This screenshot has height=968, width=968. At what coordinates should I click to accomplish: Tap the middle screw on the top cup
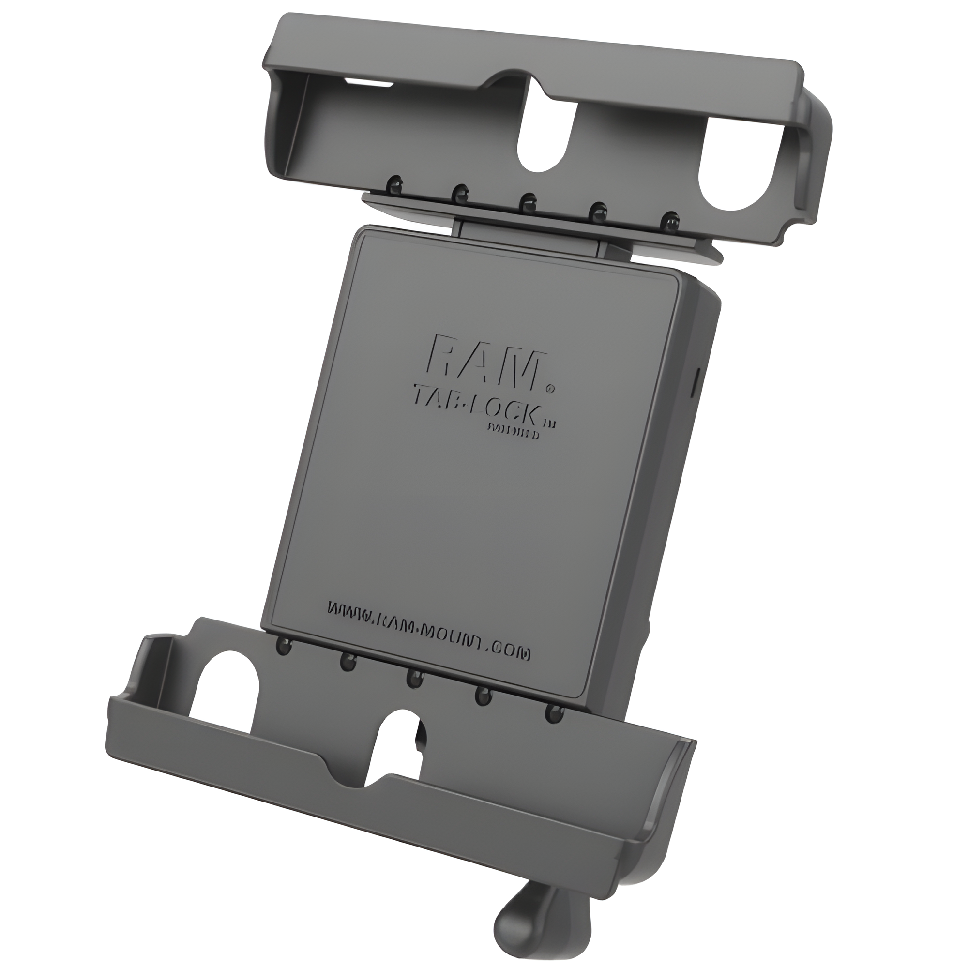(x=527, y=201)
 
